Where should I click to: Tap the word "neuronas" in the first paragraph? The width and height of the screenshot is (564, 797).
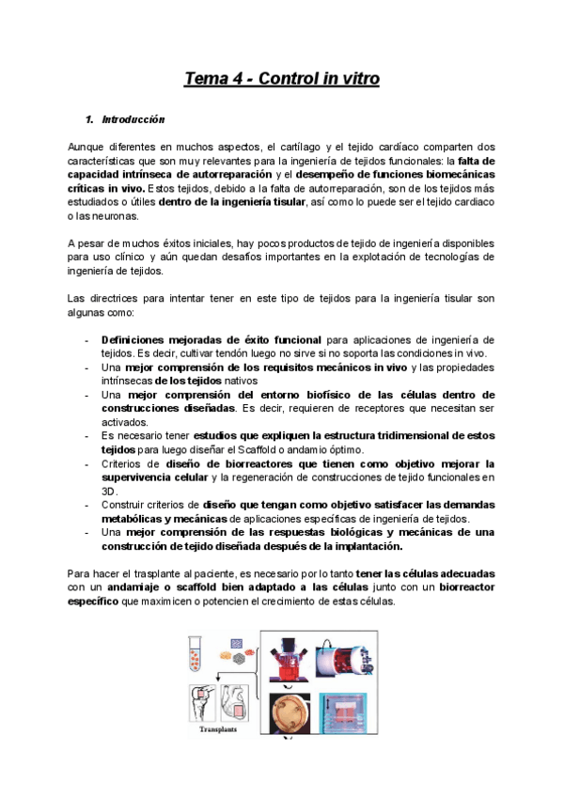pos(108,215)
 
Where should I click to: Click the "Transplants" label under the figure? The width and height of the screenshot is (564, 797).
pos(215,727)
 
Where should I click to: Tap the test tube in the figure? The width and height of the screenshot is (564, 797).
pos(197,655)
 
